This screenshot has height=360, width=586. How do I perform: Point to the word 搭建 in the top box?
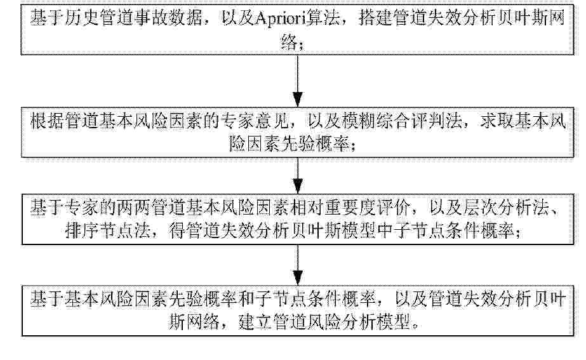pyautogui.click(x=375, y=18)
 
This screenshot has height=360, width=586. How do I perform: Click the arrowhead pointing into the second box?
pyautogui.click(x=298, y=100)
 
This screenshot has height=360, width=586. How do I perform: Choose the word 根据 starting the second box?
pyautogui.click(x=47, y=121)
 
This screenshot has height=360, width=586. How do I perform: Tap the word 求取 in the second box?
pyautogui.click(x=497, y=121)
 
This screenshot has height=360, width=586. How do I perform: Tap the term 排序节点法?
pyautogui.click(x=108, y=231)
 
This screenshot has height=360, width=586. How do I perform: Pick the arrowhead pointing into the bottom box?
pyautogui.click(x=298, y=277)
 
